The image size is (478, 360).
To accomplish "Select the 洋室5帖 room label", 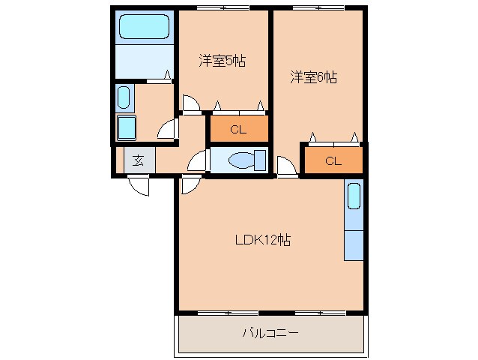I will (x=222, y=60).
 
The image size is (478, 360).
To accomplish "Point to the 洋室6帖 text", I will (x=313, y=76).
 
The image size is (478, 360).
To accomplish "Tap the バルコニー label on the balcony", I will (x=270, y=332).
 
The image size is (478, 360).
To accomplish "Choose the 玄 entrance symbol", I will (x=139, y=160).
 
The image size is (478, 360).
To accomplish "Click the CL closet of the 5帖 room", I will (x=238, y=129).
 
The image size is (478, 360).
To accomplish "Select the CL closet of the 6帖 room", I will (x=333, y=160).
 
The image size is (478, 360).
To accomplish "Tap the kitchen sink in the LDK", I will (x=354, y=198).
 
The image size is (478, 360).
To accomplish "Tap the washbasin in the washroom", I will (x=125, y=97).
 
